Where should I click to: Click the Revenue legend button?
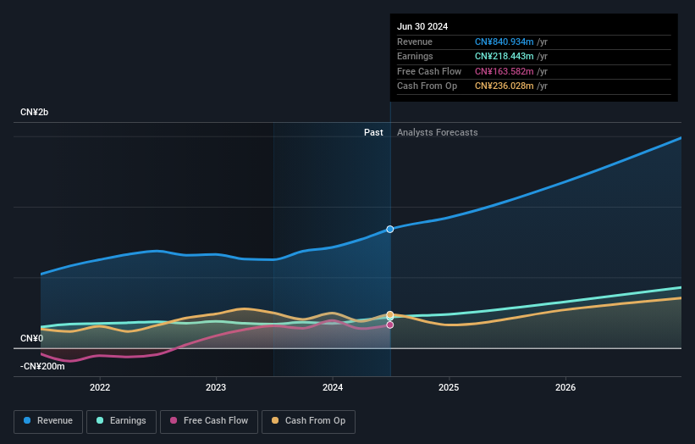(x=48, y=421)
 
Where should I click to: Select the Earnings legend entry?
(x=121, y=421)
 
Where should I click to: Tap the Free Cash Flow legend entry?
(x=207, y=421)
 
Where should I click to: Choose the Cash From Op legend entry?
(x=309, y=421)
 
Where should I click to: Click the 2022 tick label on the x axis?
(x=100, y=387)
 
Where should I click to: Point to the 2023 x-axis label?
(x=216, y=387)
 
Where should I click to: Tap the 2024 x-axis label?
(x=333, y=387)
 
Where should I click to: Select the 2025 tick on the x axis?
(x=449, y=387)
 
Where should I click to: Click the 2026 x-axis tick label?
(x=565, y=387)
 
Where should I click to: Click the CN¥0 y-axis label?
(x=32, y=339)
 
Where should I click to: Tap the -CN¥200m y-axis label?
(x=42, y=366)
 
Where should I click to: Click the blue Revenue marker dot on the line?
(x=390, y=229)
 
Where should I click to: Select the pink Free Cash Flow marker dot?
(x=390, y=325)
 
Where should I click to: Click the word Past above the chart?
(x=373, y=132)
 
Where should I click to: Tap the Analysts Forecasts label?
(x=437, y=132)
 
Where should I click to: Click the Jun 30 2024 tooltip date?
(x=422, y=26)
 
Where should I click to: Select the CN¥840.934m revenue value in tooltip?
(x=505, y=42)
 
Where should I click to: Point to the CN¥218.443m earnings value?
(x=505, y=57)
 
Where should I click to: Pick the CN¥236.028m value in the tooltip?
(x=505, y=86)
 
